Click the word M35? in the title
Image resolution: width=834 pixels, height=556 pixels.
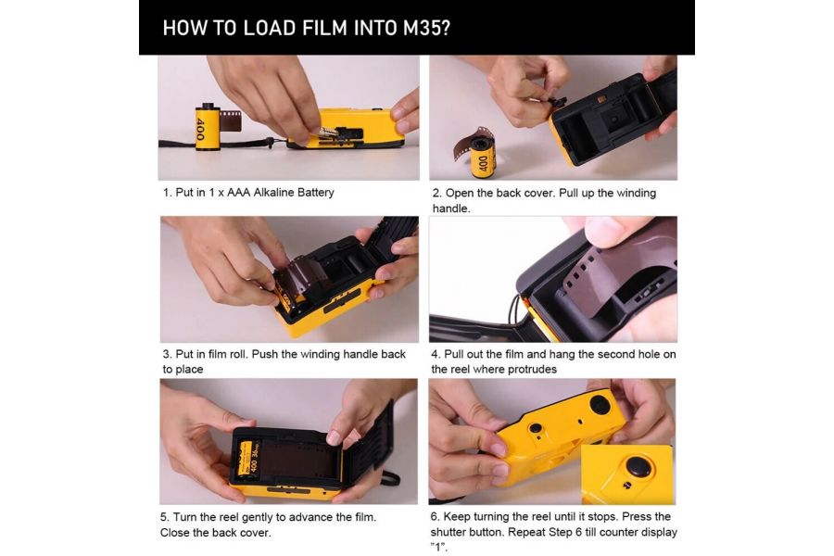pos(421,27)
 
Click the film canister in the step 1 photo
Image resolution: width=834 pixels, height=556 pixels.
pos(208,126)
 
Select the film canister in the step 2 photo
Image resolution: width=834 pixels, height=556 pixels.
pos(483,156)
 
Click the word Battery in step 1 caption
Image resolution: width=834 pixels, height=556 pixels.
pos(308,193)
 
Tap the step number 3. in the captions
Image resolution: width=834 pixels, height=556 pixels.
pos(167,354)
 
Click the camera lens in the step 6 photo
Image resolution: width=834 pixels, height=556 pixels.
pos(600,405)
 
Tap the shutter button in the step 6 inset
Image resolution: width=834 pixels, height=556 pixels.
pos(637,467)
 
